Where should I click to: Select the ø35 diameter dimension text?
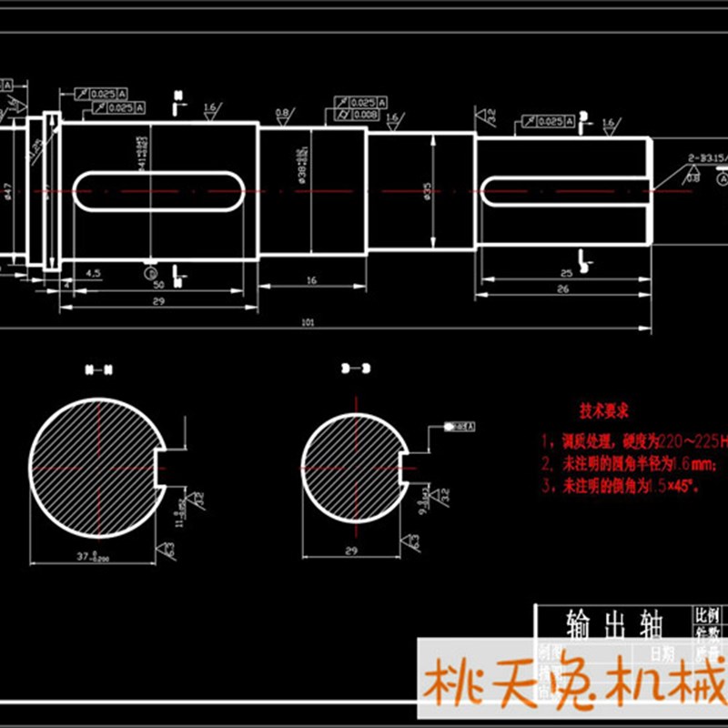tap(424, 191)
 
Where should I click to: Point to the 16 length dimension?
tap(311, 281)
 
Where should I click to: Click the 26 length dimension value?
tap(561, 289)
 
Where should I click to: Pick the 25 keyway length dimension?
tap(565, 272)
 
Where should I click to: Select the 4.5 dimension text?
tap(93, 272)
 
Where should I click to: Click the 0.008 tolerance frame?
tap(364, 115)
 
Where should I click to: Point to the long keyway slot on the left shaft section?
tap(161, 190)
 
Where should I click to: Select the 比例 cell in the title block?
tap(706, 614)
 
